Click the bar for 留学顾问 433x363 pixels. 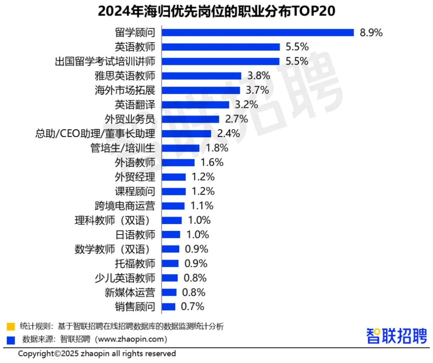point(257,32)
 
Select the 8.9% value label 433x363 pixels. point(371,32)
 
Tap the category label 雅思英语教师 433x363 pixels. point(125,76)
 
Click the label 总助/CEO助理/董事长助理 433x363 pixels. point(95,134)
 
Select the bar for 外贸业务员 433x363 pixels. point(190,119)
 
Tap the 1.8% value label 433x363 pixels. point(217,148)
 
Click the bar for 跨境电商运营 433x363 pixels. point(173,206)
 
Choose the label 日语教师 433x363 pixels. point(135,235)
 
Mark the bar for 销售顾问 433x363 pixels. point(168,307)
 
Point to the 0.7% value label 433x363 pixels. point(193,307)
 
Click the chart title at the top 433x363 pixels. point(216,11)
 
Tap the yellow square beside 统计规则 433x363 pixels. point(11,327)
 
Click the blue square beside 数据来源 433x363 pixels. point(11,340)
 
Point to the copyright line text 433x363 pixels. point(97,354)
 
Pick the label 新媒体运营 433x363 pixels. point(130,292)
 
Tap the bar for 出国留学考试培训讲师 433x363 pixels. point(220,61)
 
